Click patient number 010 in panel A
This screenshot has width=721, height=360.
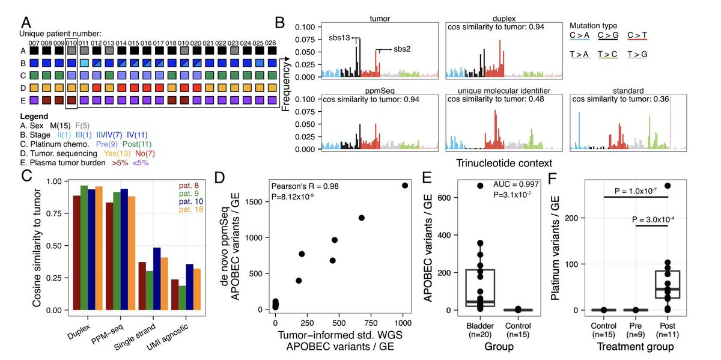[x=71, y=44]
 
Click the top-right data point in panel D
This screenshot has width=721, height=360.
[x=405, y=186]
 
